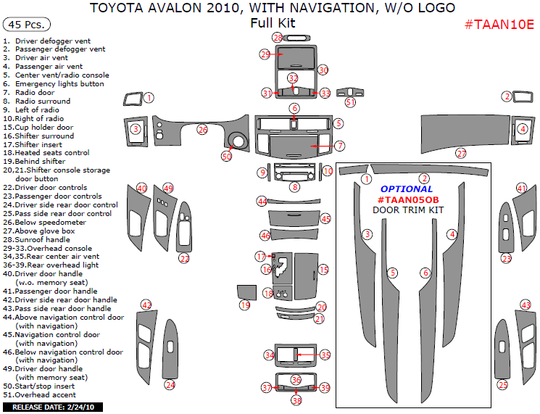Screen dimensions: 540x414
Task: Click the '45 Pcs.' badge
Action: [x=27, y=25]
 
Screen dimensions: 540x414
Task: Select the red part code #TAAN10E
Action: [x=499, y=25]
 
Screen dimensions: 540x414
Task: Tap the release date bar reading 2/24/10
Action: [x=53, y=407]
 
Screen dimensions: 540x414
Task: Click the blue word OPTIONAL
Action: [x=407, y=189]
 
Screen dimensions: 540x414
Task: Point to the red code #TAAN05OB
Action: [x=408, y=200]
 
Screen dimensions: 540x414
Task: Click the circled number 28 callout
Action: [x=278, y=38]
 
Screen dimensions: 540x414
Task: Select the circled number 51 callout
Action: [x=350, y=102]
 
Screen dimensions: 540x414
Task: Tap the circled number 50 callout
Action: [x=227, y=157]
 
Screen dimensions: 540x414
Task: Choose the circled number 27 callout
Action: [x=461, y=154]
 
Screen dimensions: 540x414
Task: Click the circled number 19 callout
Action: [x=245, y=305]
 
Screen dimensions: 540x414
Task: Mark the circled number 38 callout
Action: [x=296, y=400]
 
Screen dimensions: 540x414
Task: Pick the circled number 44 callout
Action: [x=262, y=201]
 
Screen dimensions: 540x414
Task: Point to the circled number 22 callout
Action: [x=185, y=258]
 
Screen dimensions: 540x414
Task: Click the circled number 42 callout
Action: [x=146, y=305]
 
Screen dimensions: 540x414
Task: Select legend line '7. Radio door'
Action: [x=29, y=93]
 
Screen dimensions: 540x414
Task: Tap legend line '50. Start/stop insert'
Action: [x=39, y=386]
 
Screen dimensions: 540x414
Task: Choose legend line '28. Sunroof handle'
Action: [x=36, y=240]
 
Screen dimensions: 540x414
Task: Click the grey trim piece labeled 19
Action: [x=246, y=292]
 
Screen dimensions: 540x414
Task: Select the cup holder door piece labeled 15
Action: [x=306, y=276]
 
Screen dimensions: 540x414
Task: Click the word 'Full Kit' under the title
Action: [x=273, y=23]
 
